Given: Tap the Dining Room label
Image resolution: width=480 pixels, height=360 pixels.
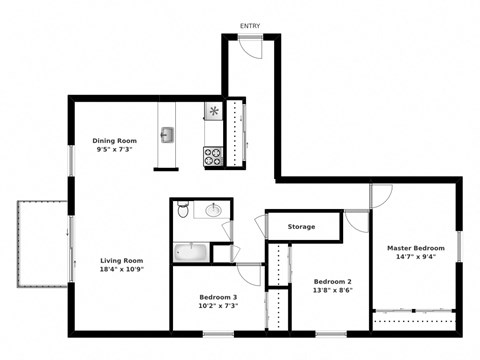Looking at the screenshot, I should click(x=115, y=141).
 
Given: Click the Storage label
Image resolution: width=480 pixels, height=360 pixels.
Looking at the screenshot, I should click(x=302, y=227).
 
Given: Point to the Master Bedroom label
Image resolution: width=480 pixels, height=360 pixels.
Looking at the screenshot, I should click(x=416, y=247).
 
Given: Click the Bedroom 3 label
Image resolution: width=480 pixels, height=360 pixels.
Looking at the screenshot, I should click(x=217, y=298).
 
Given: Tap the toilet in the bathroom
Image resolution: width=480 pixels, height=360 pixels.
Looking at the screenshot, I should click(x=182, y=210).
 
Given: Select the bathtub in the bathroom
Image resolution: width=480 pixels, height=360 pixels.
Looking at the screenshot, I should click(x=189, y=252).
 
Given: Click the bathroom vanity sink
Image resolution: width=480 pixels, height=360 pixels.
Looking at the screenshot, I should click(x=213, y=211).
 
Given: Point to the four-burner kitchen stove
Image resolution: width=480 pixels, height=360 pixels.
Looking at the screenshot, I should click(x=213, y=155).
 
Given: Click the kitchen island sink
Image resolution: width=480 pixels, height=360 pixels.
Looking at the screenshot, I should click(x=169, y=135).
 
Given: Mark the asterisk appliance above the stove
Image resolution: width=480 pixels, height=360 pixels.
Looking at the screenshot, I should click(x=213, y=111).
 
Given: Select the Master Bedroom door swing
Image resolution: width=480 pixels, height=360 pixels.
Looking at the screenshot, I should click(x=381, y=197).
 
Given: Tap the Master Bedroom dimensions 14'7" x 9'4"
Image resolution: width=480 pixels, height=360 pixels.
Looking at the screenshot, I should click(x=416, y=257).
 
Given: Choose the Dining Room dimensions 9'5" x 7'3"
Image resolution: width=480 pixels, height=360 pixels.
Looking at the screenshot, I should click(x=115, y=151).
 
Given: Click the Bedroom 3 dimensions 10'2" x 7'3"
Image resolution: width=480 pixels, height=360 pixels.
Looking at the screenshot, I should click(x=217, y=308).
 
